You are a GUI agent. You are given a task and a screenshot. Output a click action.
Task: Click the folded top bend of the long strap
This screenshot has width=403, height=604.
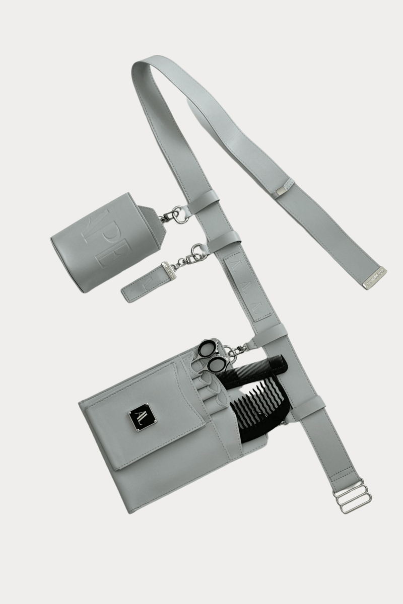(146, 68)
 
